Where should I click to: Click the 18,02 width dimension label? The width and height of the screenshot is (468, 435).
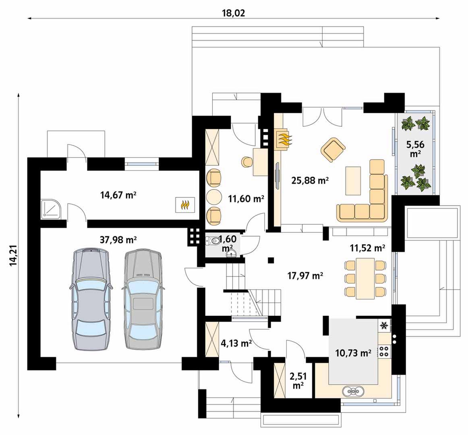tap(233, 13)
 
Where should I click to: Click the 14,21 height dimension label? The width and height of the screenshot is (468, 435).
tap(13, 255)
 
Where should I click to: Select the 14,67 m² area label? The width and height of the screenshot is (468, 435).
tap(118, 195)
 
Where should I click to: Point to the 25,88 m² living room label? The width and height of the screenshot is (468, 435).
tap(310, 180)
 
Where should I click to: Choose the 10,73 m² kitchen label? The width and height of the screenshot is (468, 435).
tap(353, 353)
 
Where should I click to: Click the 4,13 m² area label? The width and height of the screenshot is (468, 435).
tap(236, 343)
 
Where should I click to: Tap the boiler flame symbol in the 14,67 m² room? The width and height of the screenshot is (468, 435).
tap(185, 205)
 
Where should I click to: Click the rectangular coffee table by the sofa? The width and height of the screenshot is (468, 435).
tap(353, 181)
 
